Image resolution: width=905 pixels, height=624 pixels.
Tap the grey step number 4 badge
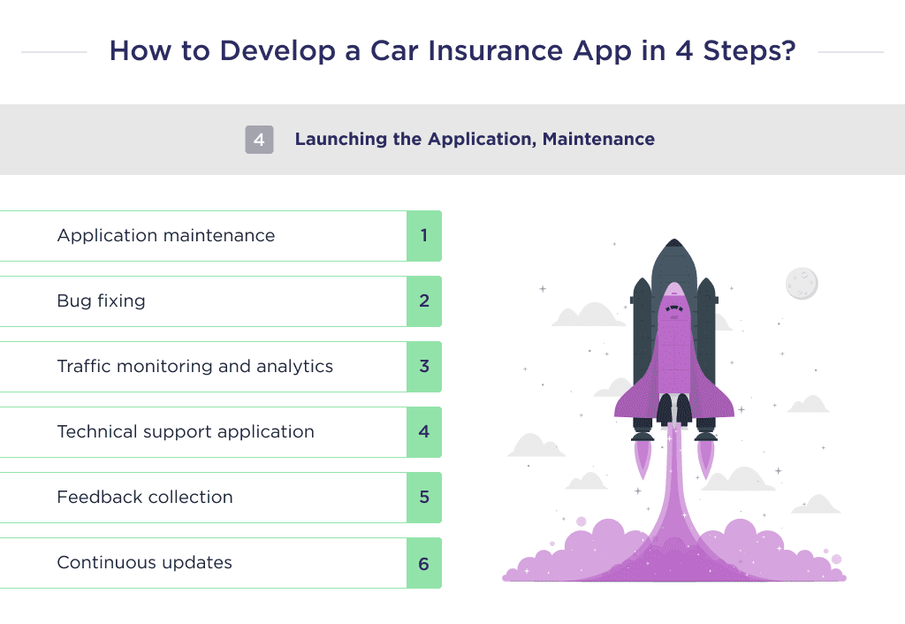pos(259,140)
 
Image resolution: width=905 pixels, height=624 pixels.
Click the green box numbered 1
pos(424,236)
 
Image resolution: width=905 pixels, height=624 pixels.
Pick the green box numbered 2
pos(424,301)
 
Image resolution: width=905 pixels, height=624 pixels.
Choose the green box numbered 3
pos(424,367)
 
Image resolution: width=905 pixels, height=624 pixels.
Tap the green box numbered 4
pos(424,432)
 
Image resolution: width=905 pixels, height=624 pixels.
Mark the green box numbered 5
pos(424,498)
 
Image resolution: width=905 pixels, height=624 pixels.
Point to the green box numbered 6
pos(424,563)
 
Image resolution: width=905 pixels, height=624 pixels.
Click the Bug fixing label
pos(101,301)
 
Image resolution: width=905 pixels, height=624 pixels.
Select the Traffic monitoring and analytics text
pos(194,367)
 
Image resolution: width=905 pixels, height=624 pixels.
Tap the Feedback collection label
pos(145,498)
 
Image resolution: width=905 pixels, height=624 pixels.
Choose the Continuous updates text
pos(144,563)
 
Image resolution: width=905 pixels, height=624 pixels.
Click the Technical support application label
pos(186,432)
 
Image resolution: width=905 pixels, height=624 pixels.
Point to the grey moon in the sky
pos(802,284)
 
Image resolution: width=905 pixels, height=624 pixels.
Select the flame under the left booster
pos(643,456)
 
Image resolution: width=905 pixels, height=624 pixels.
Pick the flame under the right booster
pos(706,456)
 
